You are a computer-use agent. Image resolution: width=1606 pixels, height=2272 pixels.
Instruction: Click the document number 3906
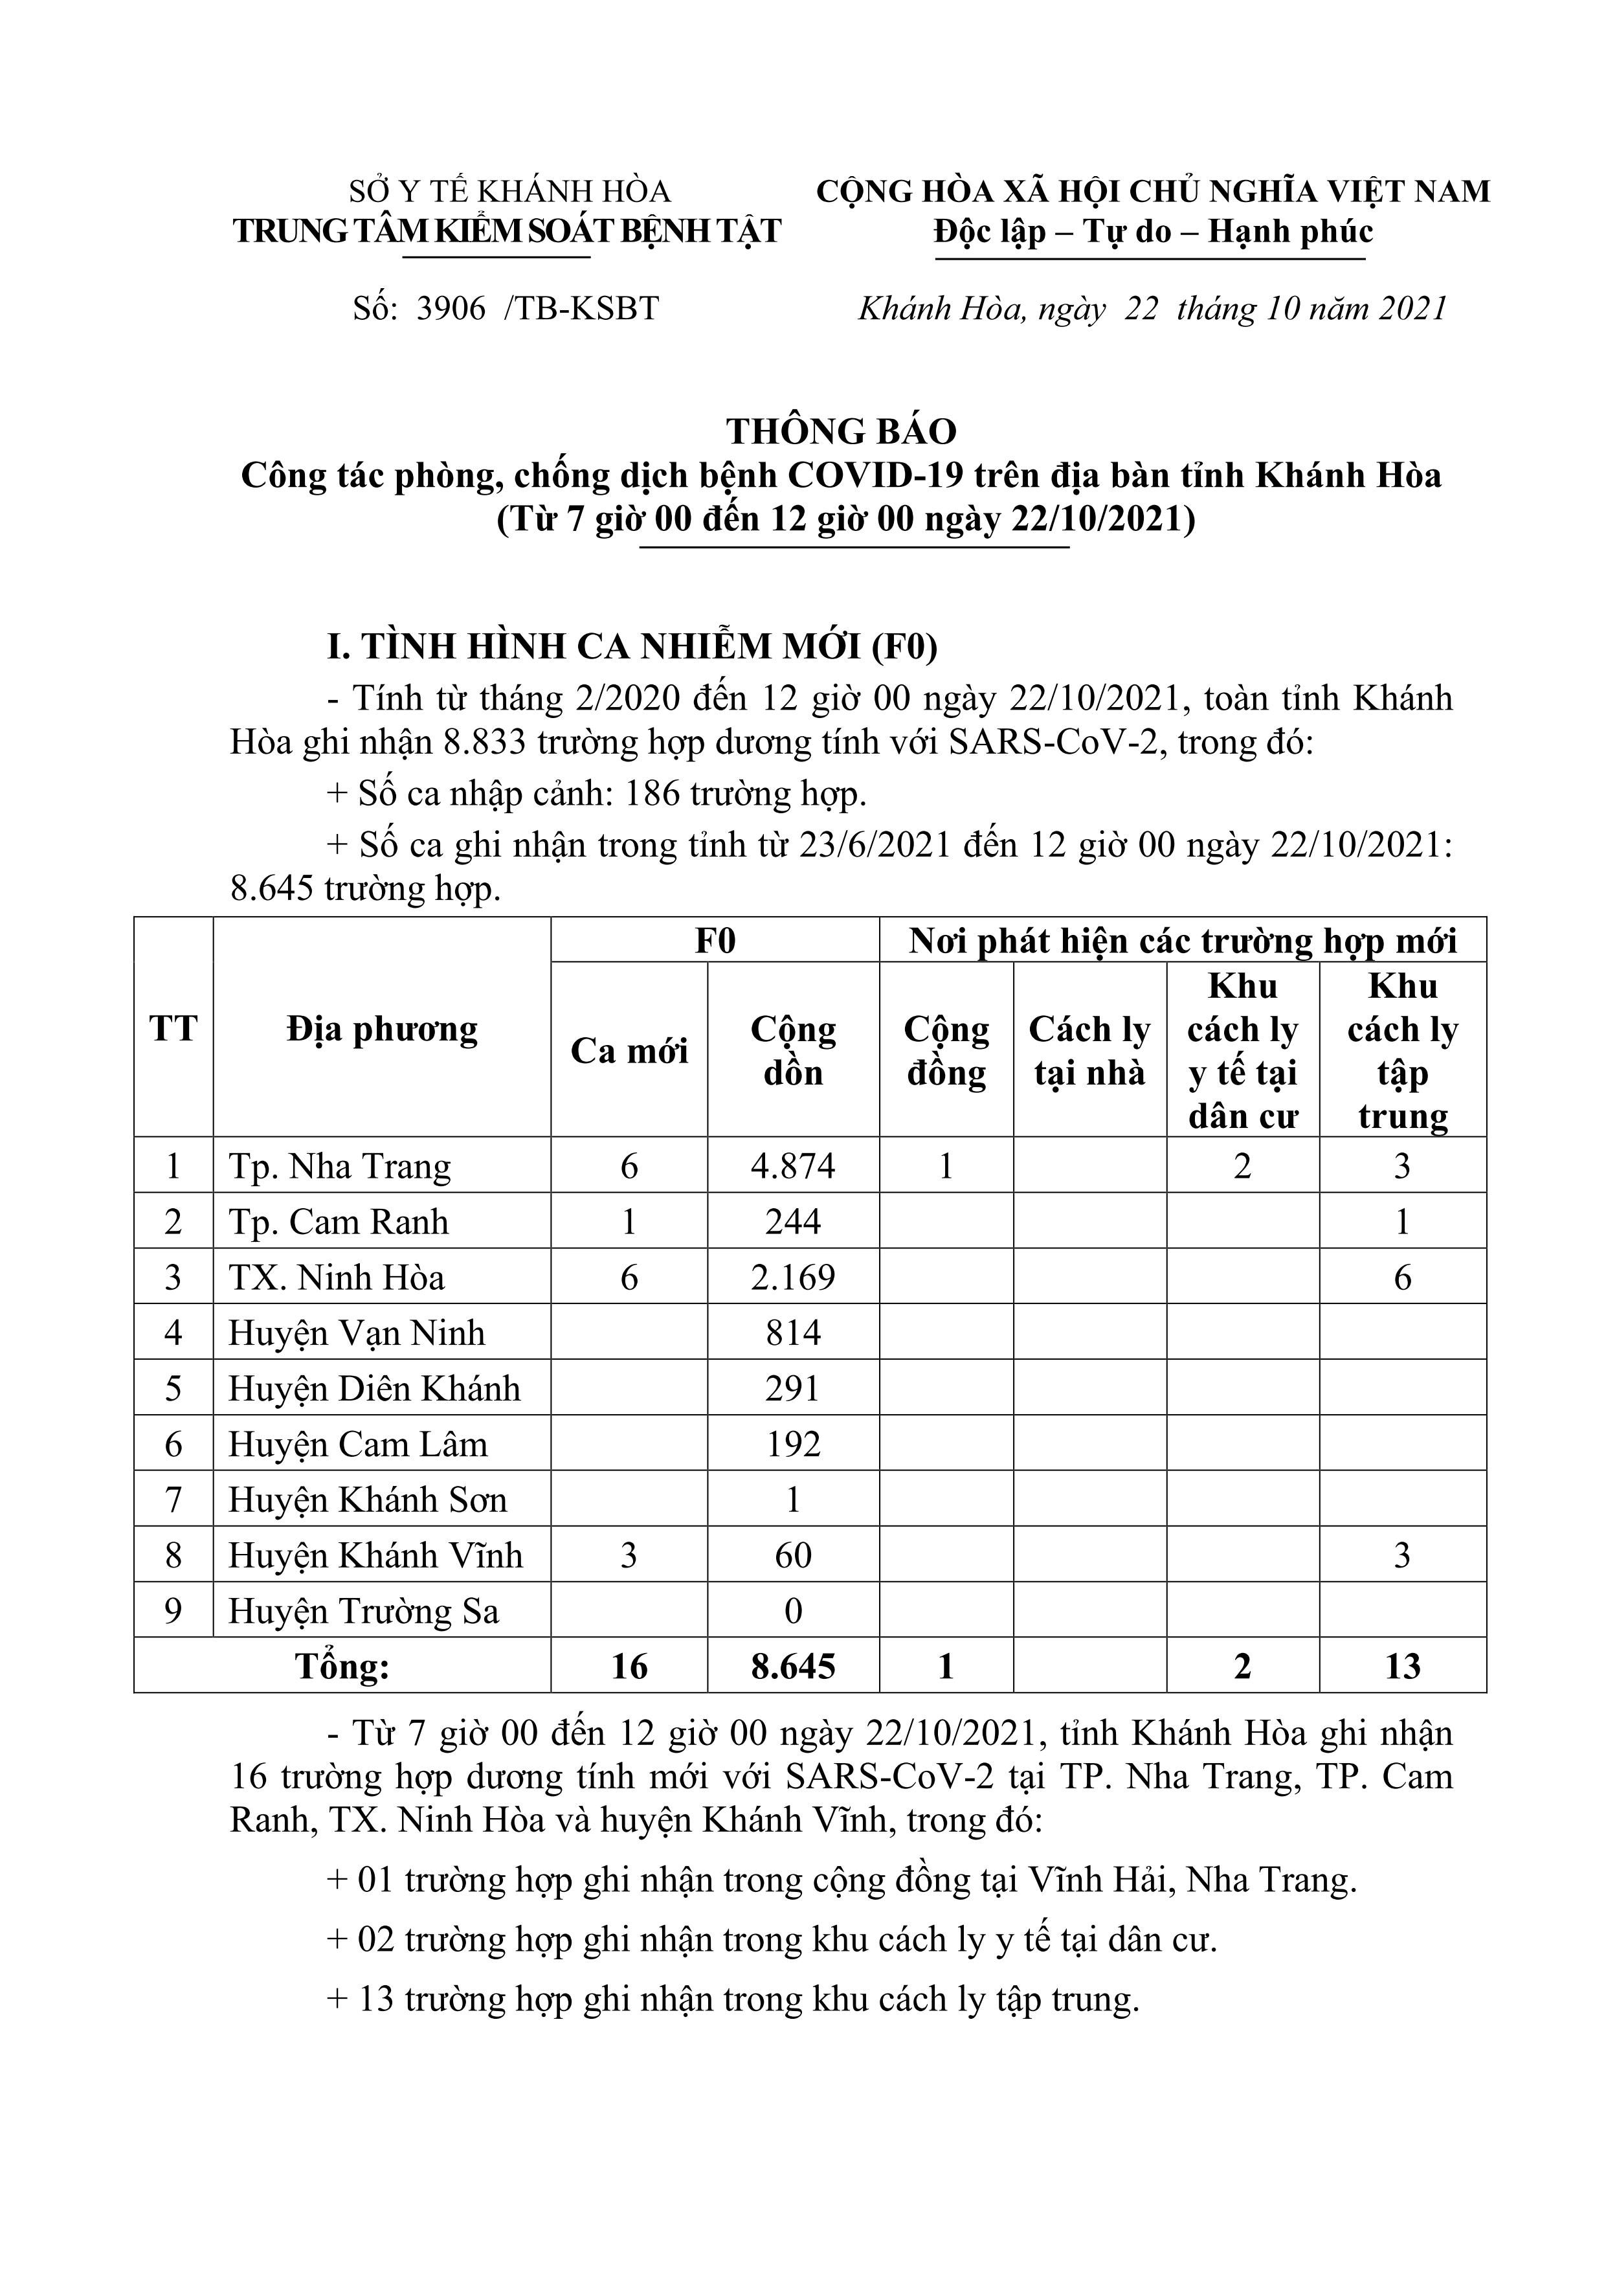pos(451,309)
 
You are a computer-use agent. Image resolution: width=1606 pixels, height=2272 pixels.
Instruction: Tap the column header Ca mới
pos(629,1051)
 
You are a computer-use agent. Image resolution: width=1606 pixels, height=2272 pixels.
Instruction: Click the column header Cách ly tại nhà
pos(1089,1051)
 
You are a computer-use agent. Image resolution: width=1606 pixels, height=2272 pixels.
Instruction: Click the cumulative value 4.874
pos(792,1167)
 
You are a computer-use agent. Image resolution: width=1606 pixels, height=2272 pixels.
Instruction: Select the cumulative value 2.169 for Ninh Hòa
pos(792,1277)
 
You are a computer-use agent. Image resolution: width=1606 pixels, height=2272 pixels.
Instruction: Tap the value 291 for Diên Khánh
pos(792,1388)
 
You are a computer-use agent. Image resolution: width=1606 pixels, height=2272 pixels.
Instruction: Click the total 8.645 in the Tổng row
pos(792,1667)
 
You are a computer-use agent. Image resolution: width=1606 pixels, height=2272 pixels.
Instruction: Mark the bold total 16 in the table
pos(629,1667)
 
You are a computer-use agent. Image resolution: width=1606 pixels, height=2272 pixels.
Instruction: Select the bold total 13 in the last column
pos(1402,1667)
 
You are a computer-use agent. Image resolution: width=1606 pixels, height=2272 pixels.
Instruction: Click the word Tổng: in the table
pos(342,1667)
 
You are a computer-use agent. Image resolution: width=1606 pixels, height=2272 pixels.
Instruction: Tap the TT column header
pos(173,1029)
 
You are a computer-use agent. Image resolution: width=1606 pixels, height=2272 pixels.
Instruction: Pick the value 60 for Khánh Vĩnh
pos(792,1556)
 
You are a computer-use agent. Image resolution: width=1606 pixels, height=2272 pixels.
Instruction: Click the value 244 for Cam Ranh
pos(792,1222)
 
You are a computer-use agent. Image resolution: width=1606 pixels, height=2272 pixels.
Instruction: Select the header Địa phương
pos(382,1029)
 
